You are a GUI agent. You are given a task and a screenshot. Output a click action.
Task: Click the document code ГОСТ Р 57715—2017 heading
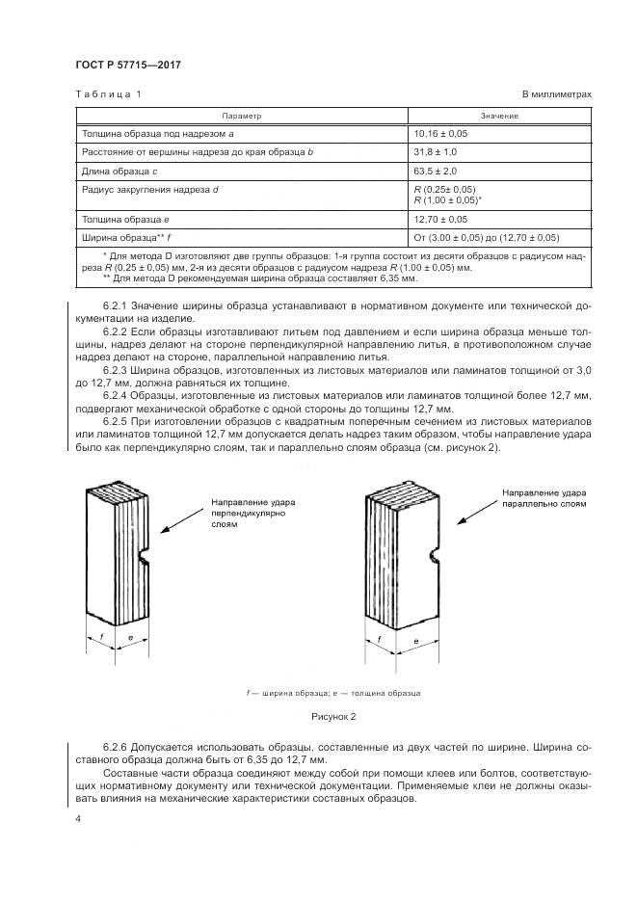point(128,65)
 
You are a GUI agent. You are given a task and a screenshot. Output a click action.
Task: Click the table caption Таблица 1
point(109,94)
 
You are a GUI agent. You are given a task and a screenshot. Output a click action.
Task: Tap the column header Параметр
point(242,116)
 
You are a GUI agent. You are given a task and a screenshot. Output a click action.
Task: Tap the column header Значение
point(499,116)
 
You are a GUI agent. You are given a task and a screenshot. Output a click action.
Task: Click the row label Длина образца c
point(119,172)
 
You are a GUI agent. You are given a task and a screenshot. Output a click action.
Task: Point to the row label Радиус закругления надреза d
point(150,190)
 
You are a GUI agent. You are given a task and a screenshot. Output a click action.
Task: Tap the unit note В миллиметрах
point(557,94)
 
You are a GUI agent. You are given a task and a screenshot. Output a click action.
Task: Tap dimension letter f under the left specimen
point(101,637)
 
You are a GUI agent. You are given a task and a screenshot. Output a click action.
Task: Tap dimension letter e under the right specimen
point(416,641)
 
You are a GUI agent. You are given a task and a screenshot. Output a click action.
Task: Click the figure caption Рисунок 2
point(333,717)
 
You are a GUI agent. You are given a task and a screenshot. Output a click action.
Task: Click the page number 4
point(78,818)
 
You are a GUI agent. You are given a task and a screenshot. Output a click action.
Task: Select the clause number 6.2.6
point(116,748)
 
